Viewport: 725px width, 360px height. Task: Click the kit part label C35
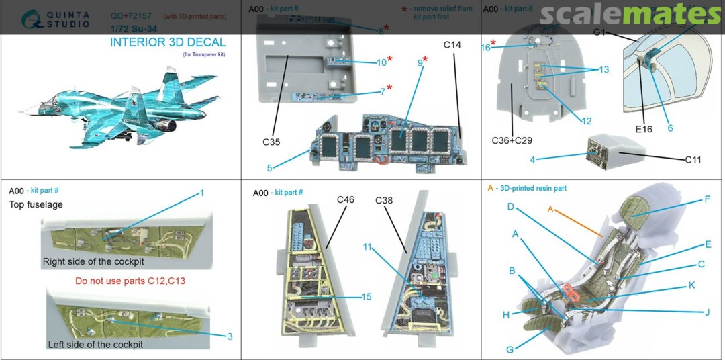click(x=272, y=142)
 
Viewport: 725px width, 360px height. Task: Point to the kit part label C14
click(x=452, y=45)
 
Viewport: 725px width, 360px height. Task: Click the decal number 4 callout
click(x=532, y=160)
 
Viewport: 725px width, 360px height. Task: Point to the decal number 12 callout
click(x=586, y=122)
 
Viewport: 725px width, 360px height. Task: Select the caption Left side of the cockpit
click(x=95, y=345)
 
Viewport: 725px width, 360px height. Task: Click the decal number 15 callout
click(x=366, y=296)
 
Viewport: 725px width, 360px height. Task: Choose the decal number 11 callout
click(x=367, y=247)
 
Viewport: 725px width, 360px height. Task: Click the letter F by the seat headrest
click(x=708, y=199)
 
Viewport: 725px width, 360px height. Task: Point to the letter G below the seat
click(x=510, y=349)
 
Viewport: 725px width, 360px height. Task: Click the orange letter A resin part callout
click(x=550, y=209)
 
